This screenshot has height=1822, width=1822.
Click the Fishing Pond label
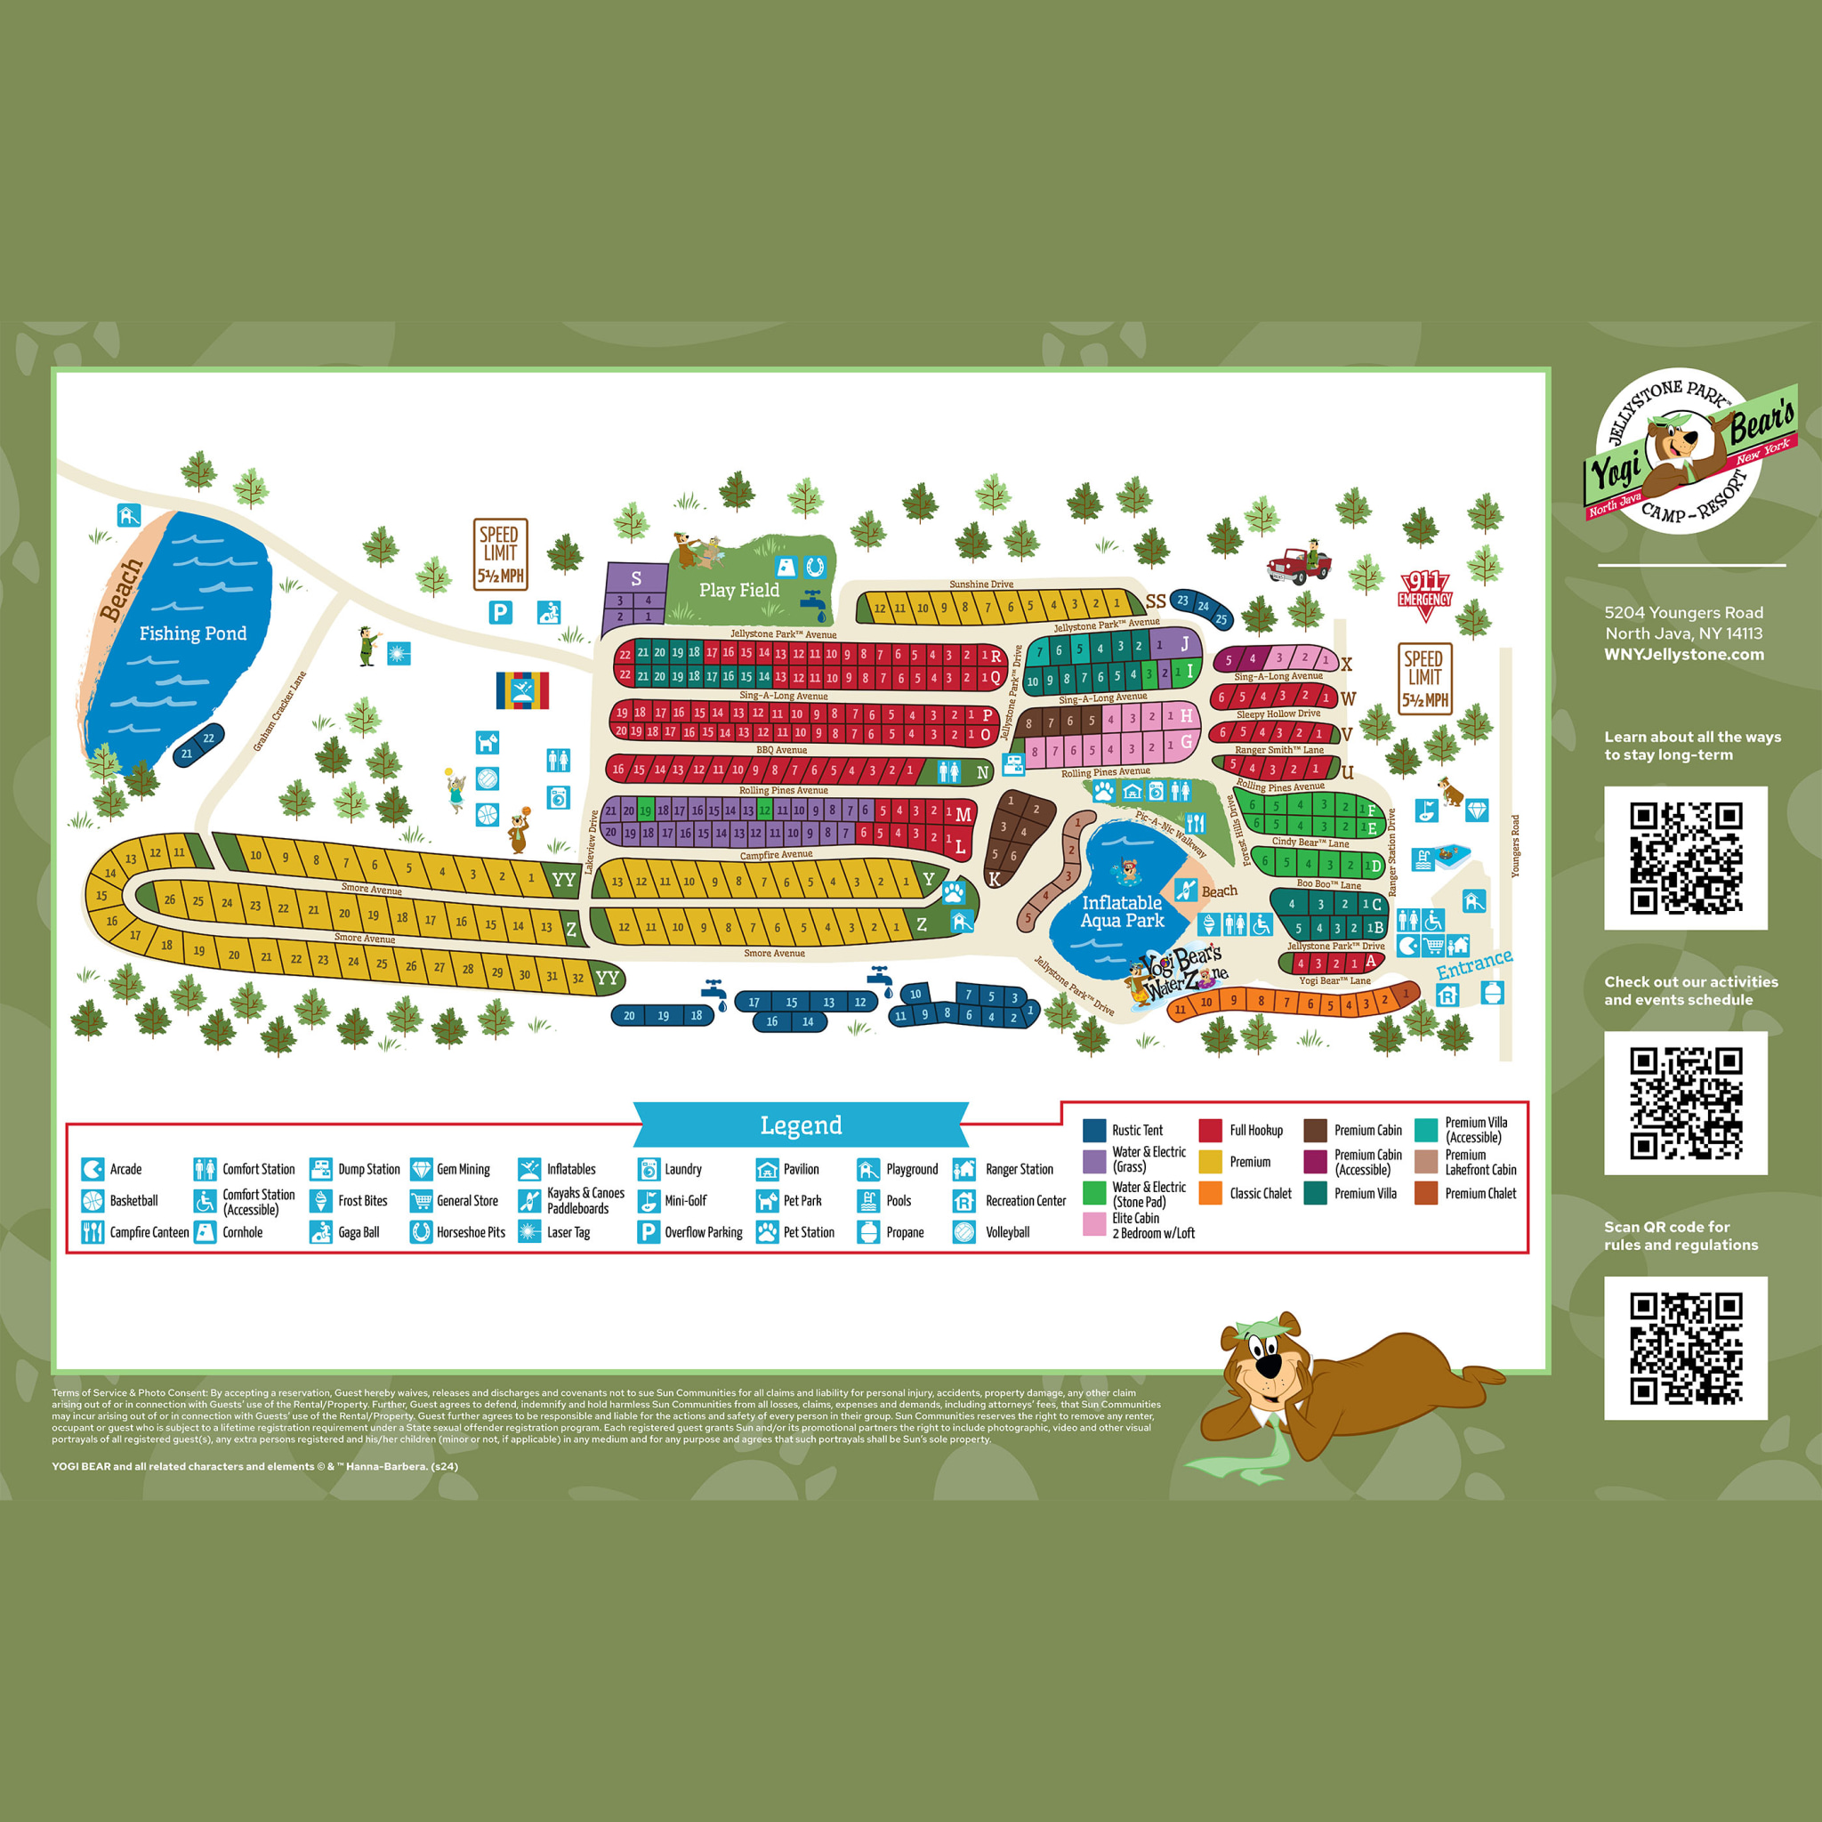[192, 633]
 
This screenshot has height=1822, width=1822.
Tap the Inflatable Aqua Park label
[1122, 911]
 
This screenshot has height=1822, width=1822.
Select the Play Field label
[738, 591]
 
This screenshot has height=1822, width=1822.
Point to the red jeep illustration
[1300, 563]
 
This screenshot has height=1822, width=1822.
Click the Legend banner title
[801, 1125]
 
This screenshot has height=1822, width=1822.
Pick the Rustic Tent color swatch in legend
[1094, 1130]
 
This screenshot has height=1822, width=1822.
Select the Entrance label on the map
[1474, 963]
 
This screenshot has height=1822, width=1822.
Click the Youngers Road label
[1515, 846]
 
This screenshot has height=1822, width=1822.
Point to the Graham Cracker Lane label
[279, 711]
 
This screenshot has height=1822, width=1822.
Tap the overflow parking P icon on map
[500, 613]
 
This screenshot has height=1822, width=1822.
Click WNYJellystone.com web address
[1683, 655]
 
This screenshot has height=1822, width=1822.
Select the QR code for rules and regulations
[1685, 1348]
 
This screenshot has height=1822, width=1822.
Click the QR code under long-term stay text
[1685, 858]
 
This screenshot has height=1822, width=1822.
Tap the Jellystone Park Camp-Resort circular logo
[1688, 451]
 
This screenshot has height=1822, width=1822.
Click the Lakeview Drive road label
[593, 842]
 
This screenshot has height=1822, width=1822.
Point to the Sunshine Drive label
[980, 584]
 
